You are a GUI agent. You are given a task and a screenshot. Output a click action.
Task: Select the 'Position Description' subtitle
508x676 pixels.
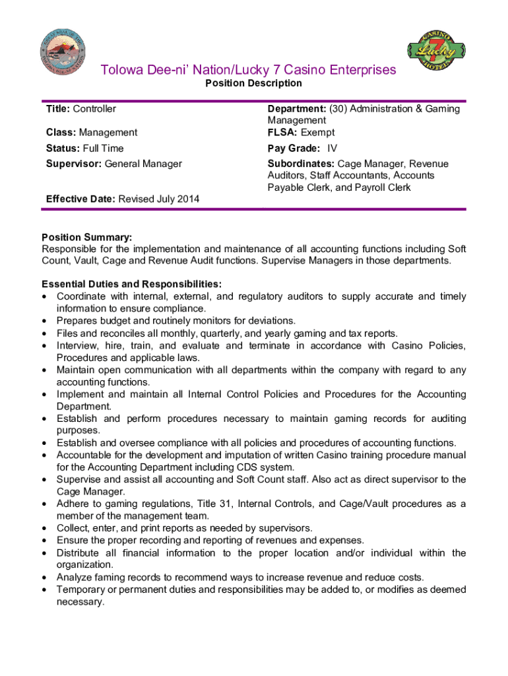click(253, 83)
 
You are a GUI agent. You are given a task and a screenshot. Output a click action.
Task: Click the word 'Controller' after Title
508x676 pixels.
click(94, 108)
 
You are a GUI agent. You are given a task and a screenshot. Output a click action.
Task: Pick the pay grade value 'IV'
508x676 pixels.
click(333, 149)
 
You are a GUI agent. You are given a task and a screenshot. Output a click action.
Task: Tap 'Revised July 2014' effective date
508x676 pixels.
click(158, 199)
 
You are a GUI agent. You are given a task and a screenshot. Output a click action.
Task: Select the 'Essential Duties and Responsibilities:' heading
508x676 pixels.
click(132, 285)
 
